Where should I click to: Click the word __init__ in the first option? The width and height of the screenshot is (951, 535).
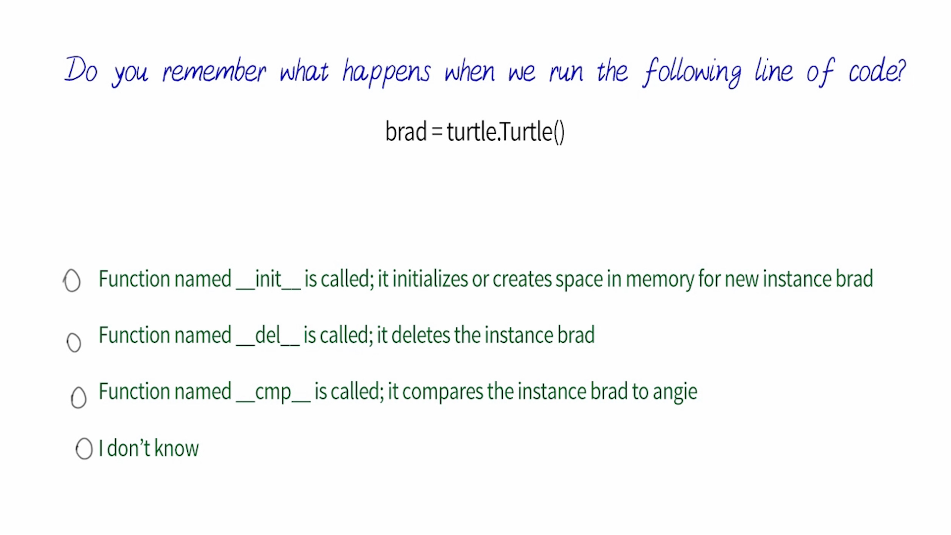(x=268, y=279)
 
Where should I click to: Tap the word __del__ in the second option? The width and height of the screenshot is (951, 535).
(x=268, y=335)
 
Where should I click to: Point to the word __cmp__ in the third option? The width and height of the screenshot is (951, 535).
(x=273, y=392)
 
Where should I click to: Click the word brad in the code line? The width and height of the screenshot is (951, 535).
(x=406, y=132)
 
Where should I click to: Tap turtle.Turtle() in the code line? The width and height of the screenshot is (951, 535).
(x=506, y=132)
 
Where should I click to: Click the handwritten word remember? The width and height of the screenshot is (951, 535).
(x=214, y=71)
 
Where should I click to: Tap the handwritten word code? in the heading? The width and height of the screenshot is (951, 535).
(x=877, y=70)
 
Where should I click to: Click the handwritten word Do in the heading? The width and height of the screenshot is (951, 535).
(x=81, y=69)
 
